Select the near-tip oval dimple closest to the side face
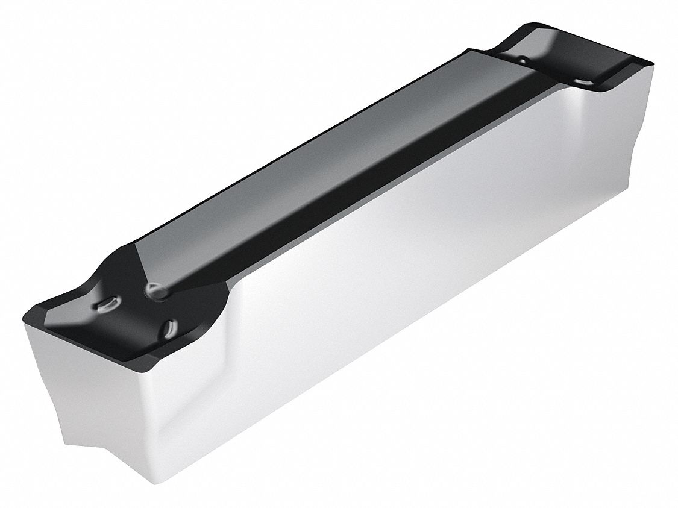pyautogui.click(x=169, y=328)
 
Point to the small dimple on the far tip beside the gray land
pyautogui.click(x=523, y=60)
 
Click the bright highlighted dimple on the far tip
pyautogui.click(x=583, y=80)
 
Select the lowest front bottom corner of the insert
pyautogui.click(x=159, y=482)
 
